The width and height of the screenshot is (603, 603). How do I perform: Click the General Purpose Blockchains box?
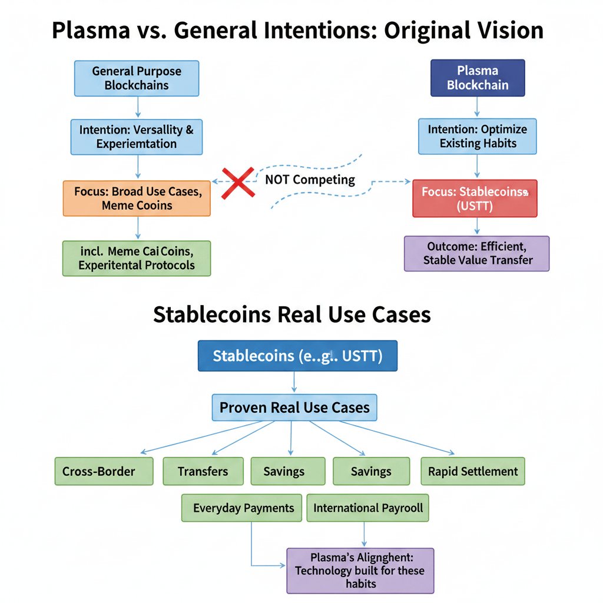(x=137, y=78)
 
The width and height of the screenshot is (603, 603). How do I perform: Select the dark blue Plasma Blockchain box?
(x=478, y=78)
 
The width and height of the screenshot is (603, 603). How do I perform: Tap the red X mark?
(x=238, y=183)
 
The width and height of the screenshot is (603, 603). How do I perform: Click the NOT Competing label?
(x=310, y=180)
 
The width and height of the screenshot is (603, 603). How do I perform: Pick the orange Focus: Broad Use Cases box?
(x=137, y=198)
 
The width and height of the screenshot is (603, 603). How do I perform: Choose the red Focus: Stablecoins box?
(x=475, y=198)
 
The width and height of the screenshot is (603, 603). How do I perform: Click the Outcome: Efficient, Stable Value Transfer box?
(x=477, y=253)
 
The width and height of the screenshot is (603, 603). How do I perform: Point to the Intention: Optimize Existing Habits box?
(x=478, y=136)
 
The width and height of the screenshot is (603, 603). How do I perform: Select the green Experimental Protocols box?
(x=137, y=259)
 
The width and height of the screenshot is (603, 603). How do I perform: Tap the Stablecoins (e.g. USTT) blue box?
(x=297, y=356)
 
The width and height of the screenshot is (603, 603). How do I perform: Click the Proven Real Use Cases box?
(x=294, y=407)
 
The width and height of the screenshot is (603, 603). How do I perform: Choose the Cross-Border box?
(x=104, y=471)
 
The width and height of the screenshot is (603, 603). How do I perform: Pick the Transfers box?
(x=203, y=471)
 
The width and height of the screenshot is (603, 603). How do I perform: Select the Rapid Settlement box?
(x=473, y=471)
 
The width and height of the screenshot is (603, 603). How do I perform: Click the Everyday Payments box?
(x=241, y=508)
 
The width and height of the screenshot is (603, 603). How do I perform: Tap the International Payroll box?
(x=367, y=508)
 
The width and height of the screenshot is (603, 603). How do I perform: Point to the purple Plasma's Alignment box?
(x=360, y=571)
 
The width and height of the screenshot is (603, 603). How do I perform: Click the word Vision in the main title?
(x=511, y=31)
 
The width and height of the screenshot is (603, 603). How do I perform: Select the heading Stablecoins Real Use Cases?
(x=292, y=314)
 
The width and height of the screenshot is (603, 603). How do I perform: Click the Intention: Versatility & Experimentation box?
(x=137, y=137)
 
